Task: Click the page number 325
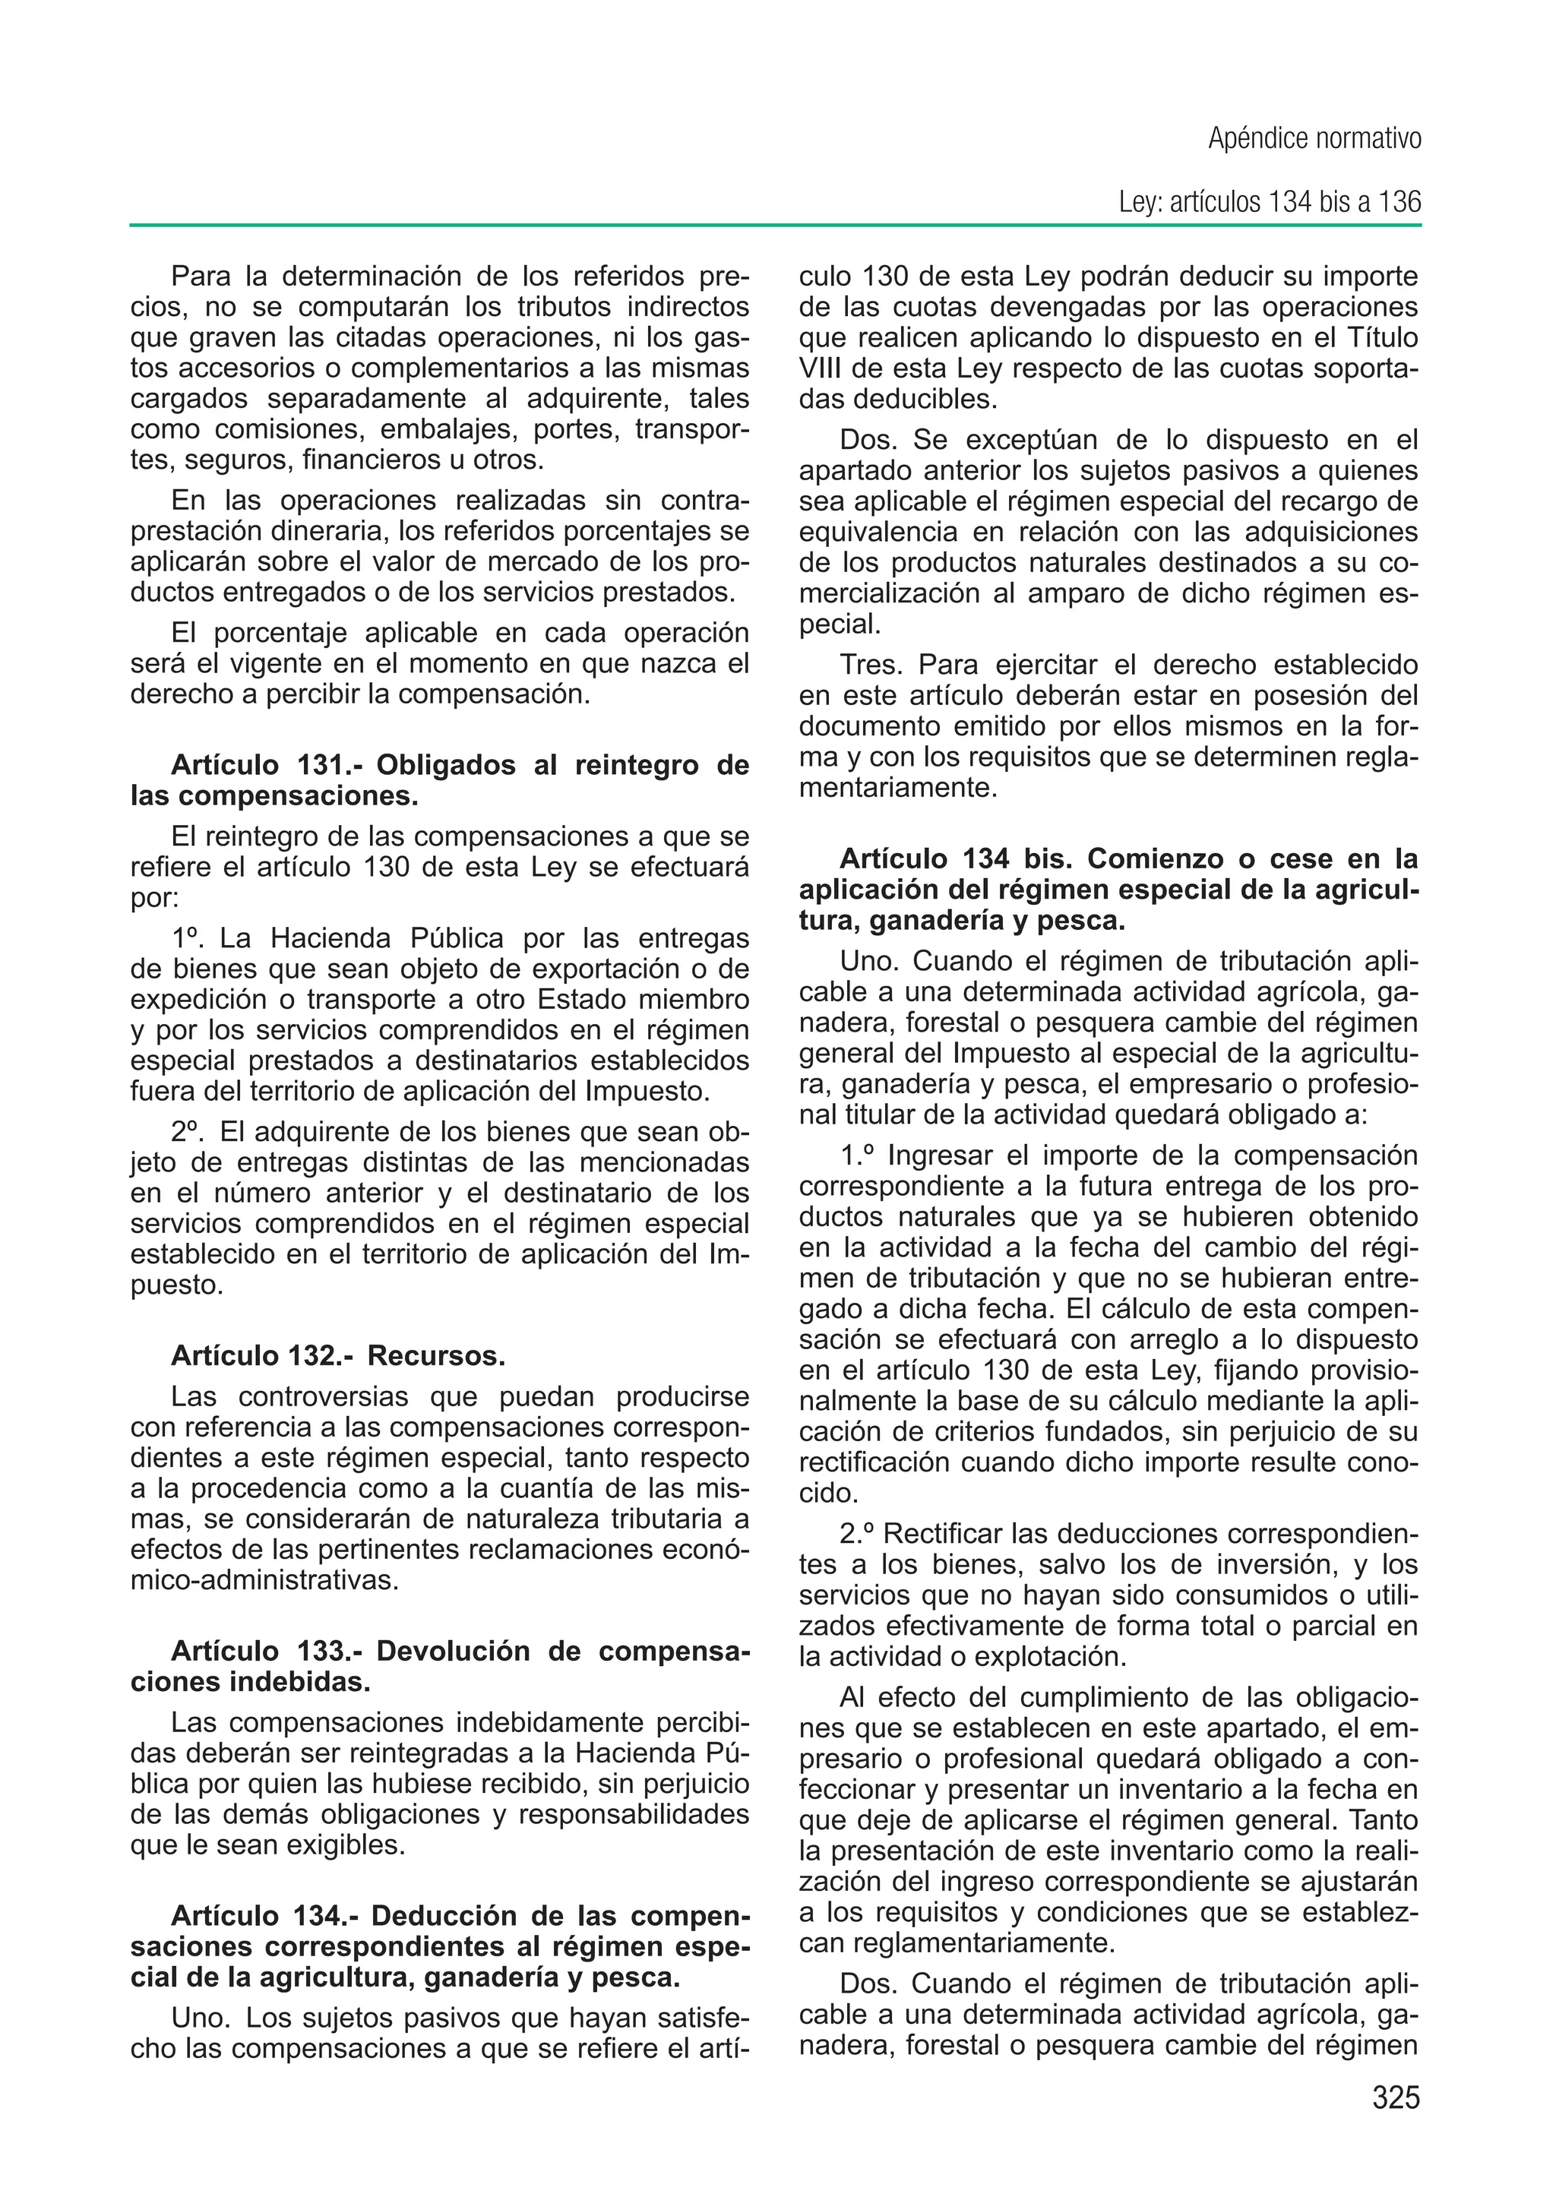[x=1395, y=2097]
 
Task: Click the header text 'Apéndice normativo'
[x=1314, y=140]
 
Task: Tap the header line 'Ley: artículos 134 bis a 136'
[x=1270, y=202]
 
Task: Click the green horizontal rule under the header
[x=775, y=226]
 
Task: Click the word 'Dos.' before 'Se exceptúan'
[x=868, y=441]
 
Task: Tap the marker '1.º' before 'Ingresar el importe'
[x=858, y=1156]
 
